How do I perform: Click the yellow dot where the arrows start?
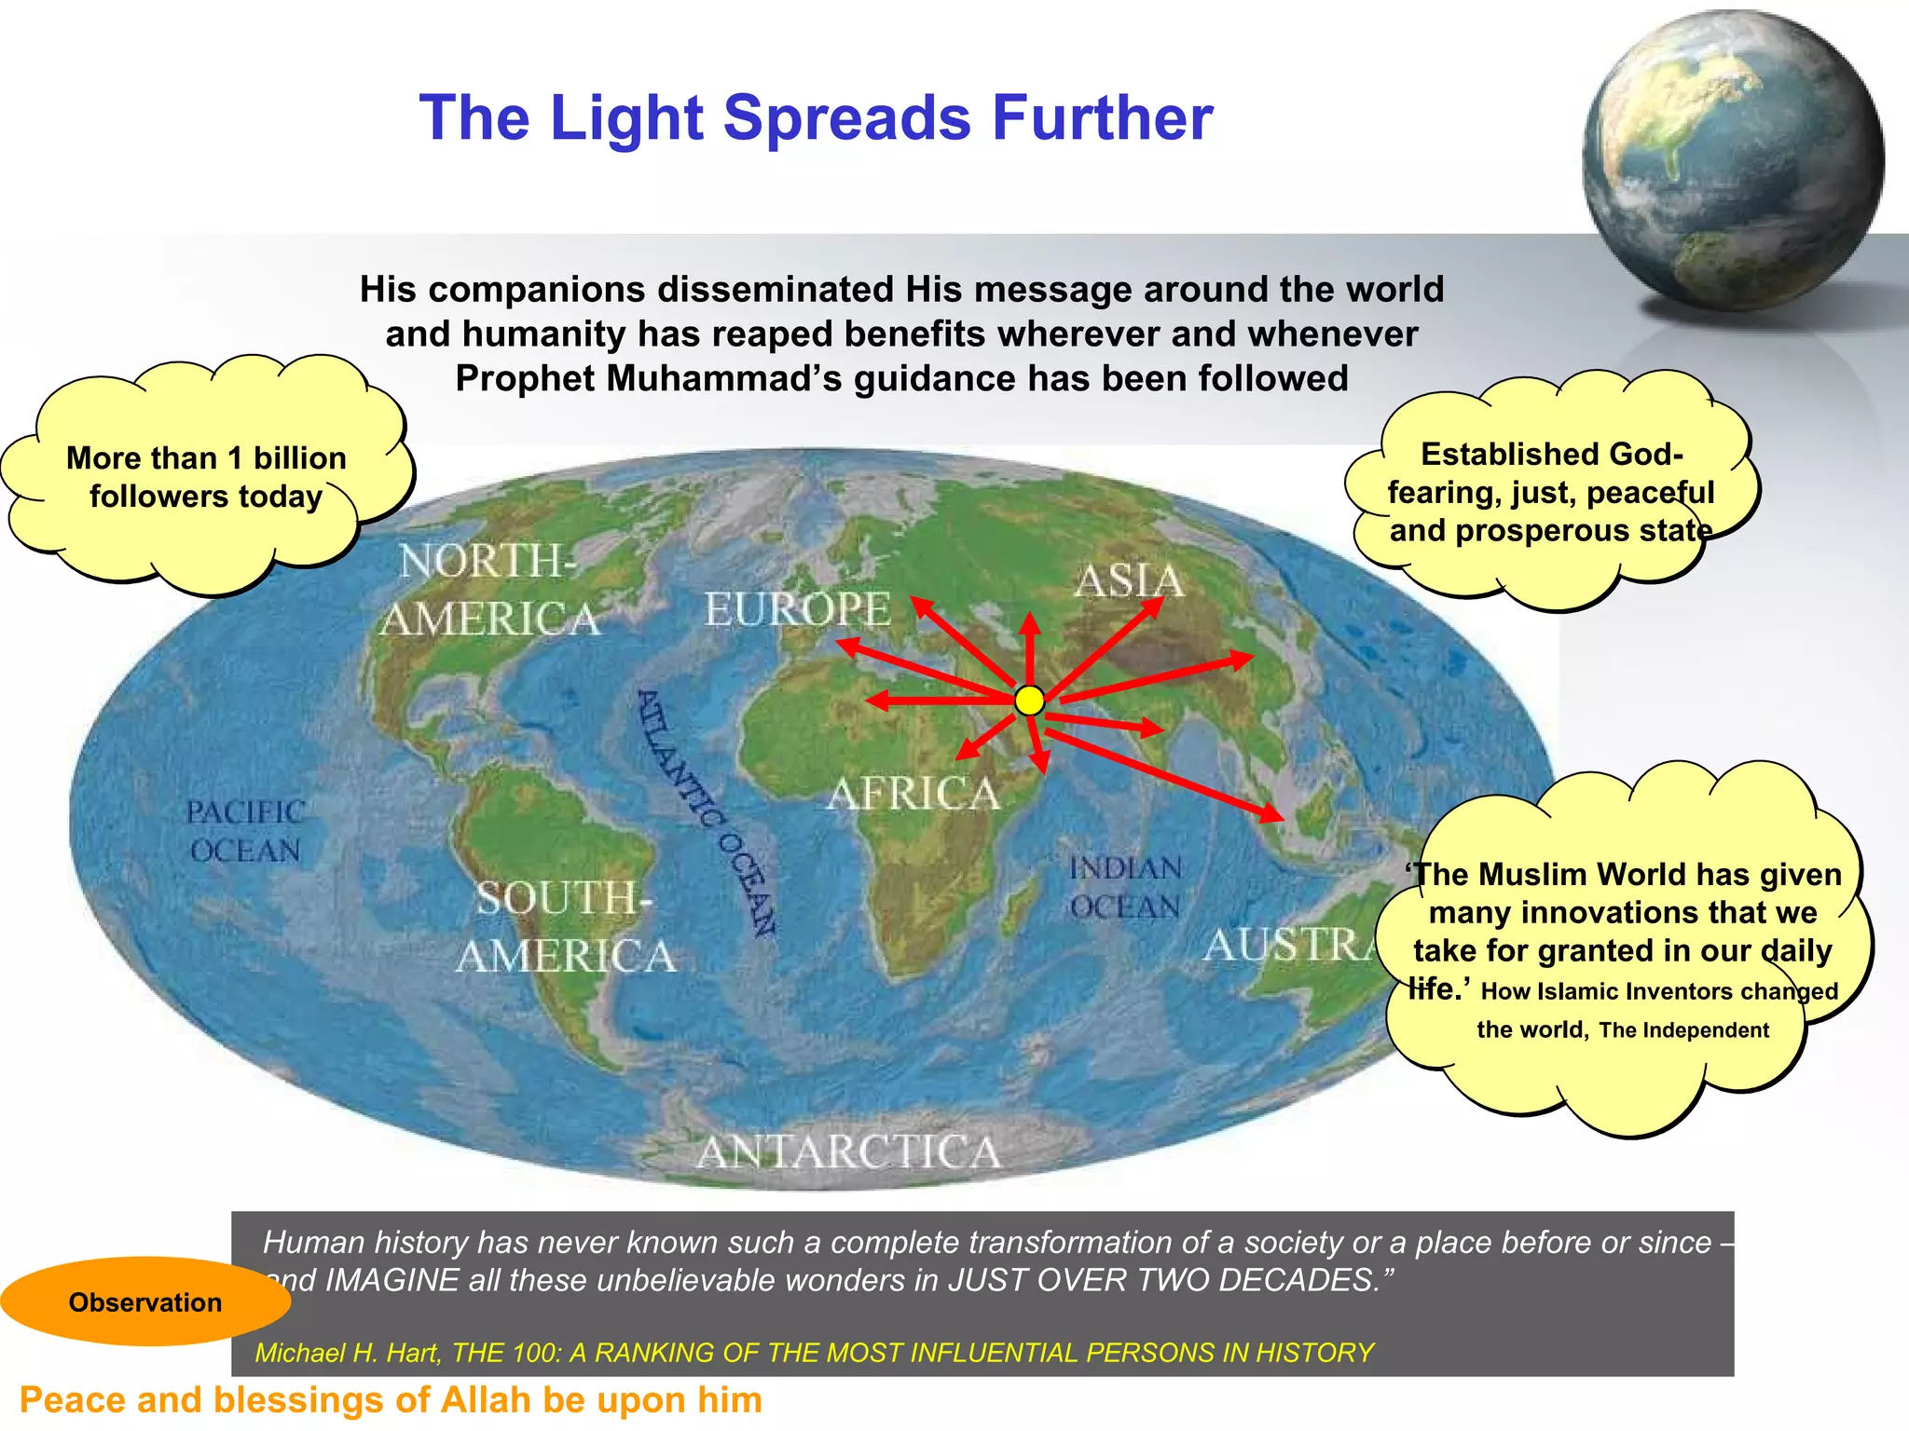pos(1029,701)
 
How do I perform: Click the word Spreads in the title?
pos(847,118)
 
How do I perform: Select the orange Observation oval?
pos(145,1302)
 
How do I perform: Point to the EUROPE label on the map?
pos(797,610)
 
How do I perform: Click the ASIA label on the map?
pos(1129,581)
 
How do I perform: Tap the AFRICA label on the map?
pos(913,794)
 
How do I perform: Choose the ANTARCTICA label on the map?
pos(848,1152)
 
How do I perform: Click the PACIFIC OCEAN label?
pos(244,831)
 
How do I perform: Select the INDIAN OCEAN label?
pos(1125,887)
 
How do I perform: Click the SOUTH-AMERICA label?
pos(565,928)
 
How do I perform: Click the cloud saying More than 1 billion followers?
pos(206,476)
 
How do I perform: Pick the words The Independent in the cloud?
pos(1683,1030)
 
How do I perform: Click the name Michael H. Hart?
pos(347,1353)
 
